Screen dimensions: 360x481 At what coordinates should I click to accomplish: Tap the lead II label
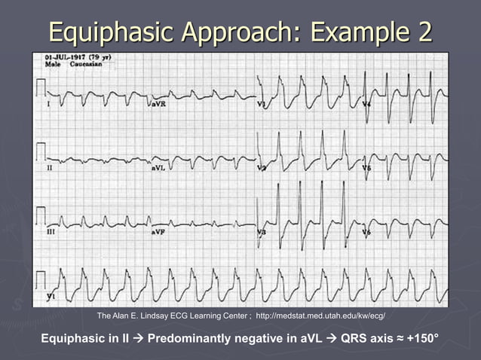pos(50,168)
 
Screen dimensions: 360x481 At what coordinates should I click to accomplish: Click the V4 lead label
pos(367,103)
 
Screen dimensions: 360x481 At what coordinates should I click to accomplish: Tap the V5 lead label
pos(367,168)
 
